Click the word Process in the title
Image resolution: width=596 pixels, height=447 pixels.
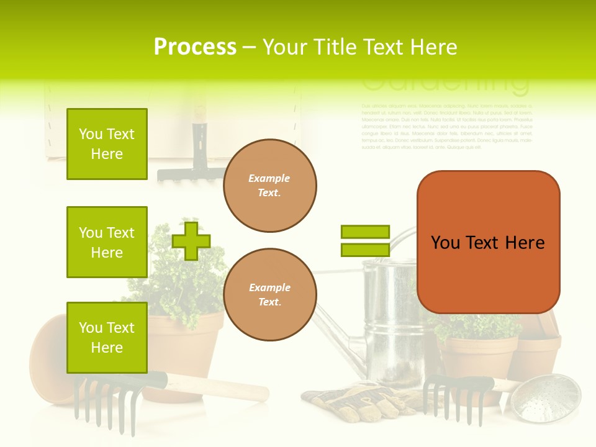click(x=195, y=47)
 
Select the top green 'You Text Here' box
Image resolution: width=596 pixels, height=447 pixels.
click(x=107, y=144)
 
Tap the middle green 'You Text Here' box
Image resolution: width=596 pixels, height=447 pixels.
click(x=107, y=242)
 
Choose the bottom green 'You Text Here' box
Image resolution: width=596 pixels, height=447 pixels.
click(x=107, y=338)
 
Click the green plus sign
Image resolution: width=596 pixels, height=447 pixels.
click(x=191, y=241)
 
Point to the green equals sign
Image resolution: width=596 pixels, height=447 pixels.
click(x=365, y=241)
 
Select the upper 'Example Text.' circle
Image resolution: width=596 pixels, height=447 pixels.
click(x=269, y=186)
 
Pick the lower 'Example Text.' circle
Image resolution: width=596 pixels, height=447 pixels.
click(x=269, y=295)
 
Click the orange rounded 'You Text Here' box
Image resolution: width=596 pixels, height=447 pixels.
click(x=488, y=242)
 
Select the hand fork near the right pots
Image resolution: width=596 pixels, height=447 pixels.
click(x=453, y=397)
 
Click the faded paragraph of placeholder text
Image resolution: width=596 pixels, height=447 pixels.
click(x=446, y=127)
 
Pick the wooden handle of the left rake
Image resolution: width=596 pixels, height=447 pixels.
click(x=217, y=388)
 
